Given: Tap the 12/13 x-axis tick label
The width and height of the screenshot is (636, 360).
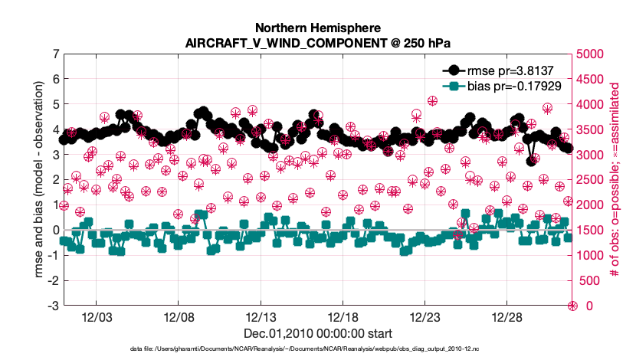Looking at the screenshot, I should coord(261,317).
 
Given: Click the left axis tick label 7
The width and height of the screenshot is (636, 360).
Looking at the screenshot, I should coord(55,54).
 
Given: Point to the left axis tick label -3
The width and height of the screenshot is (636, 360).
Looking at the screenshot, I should coord(53,306).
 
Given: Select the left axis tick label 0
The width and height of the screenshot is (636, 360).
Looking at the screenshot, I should coord(55,230).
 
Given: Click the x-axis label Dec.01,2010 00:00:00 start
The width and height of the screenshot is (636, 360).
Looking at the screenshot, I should coord(318,334).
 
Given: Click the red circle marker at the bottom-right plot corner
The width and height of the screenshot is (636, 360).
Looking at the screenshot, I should coord(572,306).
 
